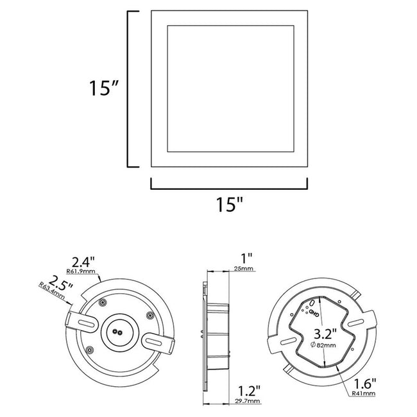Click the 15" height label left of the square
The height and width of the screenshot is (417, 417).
tap(102, 88)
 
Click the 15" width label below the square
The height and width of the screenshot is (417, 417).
tap(230, 206)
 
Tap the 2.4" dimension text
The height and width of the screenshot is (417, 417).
tap(83, 261)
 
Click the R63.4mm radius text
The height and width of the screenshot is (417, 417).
tap(51, 293)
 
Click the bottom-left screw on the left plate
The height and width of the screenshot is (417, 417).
tap(89, 349)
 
